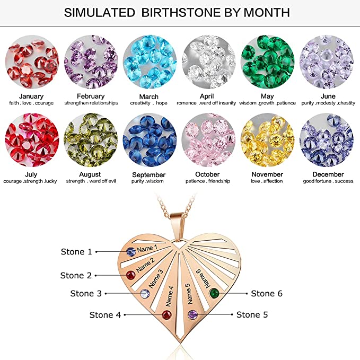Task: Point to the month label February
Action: tap(91, 96)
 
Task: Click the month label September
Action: tap(148, 174)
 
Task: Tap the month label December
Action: tap(328, 174)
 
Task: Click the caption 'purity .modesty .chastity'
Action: tap(328, 103)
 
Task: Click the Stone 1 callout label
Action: tap(76, 252)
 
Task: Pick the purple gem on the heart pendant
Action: tap(193, 314)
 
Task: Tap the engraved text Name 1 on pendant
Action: tap(147, 249)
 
